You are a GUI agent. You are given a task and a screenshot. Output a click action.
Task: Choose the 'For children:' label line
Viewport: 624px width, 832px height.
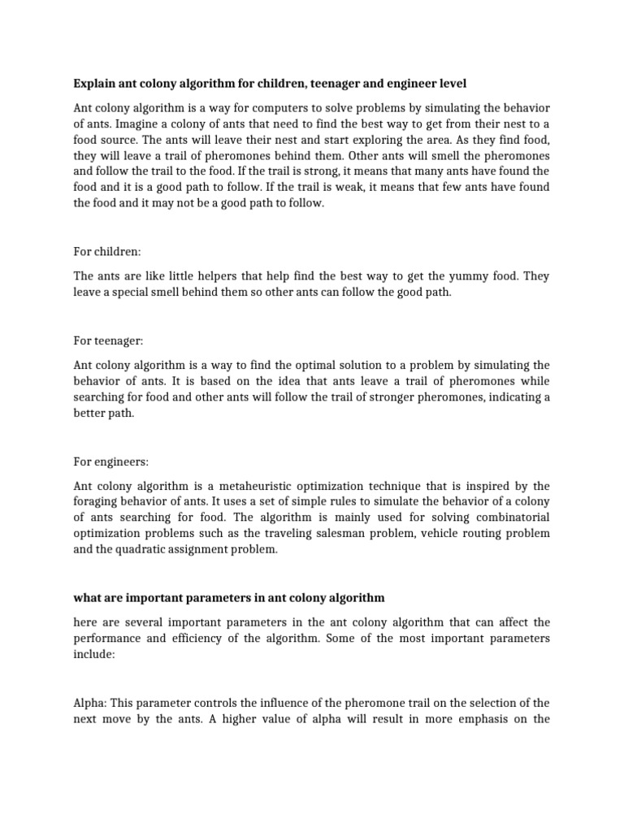(x=106, y=252)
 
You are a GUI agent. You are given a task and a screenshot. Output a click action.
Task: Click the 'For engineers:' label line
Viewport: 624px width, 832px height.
(x=111, y=461)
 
